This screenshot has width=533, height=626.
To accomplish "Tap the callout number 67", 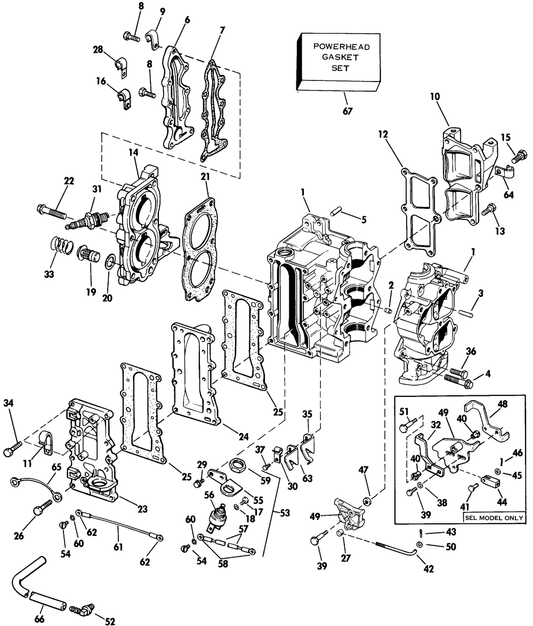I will pos(349,111).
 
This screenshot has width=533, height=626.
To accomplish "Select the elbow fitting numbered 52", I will pos(84,607).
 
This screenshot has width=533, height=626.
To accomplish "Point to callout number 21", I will pos(204,176).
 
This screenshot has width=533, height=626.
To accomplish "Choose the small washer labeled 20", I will pos(110,262).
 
